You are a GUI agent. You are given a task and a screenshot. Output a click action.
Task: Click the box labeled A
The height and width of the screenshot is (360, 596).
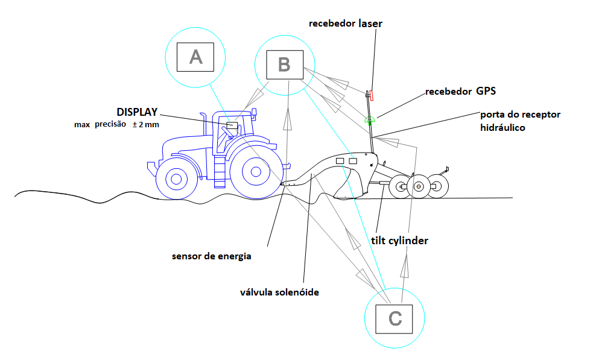[195, 57]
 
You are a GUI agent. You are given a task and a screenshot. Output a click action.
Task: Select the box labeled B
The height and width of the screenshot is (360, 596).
[285, 63]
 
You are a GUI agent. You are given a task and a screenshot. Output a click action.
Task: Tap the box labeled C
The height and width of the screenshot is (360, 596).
[395, 319]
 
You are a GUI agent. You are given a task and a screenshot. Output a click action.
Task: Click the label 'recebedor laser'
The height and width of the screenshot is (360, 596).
[345, 24]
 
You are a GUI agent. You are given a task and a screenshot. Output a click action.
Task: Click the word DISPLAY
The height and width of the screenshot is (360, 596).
[137, 112]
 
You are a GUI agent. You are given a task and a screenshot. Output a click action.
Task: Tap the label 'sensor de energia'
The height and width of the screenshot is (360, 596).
[211, 256]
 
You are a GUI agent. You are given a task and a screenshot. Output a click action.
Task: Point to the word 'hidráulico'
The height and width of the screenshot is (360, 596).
[503, 128]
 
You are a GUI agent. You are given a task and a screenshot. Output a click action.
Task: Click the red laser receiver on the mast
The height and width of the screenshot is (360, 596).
[372, 95]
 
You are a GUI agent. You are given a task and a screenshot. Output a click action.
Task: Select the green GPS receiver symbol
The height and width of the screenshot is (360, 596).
[370, 119]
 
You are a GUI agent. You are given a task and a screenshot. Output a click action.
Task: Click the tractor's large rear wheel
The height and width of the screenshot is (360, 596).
[255, 172]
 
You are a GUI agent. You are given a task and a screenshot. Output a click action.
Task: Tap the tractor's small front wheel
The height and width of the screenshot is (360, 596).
[176, 179]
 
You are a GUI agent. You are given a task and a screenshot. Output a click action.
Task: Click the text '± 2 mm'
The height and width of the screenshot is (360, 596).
[147, 124]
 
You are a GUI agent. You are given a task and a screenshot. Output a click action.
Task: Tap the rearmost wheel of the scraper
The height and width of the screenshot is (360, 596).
[439, 187]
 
